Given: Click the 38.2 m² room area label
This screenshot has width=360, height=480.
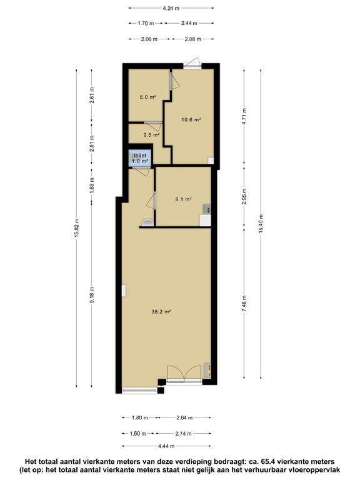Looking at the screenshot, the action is point(161,312).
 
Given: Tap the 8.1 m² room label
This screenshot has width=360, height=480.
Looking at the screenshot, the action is point(183,199).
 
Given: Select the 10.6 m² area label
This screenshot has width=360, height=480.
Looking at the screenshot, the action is point(191,120).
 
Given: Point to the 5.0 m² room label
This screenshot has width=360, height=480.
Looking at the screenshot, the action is point(148,97).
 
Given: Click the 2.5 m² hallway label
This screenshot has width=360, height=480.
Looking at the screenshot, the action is point(151,135).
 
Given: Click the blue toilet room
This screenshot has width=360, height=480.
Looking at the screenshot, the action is point(140,158).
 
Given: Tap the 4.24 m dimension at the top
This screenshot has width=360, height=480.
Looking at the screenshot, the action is point(171,8).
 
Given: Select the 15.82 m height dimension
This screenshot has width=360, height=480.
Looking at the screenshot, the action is point(76,228).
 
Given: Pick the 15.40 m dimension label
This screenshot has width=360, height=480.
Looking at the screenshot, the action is point(261,224).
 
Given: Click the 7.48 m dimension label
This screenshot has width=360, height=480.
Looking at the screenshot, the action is point(244,304).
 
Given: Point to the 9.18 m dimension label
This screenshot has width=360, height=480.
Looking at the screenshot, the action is point(92,295).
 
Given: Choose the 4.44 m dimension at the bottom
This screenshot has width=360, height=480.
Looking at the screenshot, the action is point(166,446).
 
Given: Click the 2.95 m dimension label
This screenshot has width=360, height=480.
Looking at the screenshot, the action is point(244,196).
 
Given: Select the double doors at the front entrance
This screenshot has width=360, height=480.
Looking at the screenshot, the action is point(184,374).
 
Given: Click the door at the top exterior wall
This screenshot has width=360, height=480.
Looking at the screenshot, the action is point(192,62).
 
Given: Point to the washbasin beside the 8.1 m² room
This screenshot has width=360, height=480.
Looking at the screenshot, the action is point(148,222).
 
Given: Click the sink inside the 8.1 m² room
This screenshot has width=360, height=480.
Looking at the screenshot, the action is point(207,209).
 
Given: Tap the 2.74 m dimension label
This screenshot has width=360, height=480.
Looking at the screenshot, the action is point(183,434).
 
